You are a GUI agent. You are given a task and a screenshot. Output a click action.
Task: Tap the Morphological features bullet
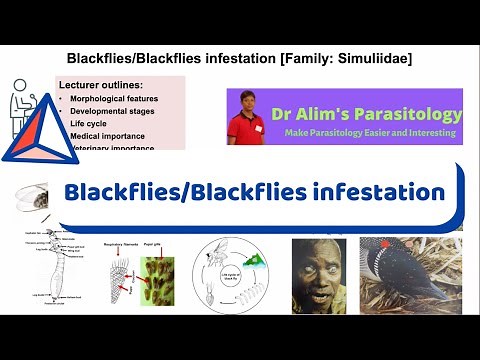coord(115,101)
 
